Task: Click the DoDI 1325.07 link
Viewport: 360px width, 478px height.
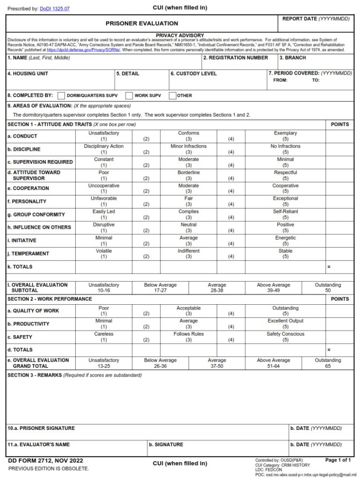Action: pyautogui.click(x=55, y=8)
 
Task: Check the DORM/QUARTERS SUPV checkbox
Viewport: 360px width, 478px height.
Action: pyautogui.click(x=61, y=96)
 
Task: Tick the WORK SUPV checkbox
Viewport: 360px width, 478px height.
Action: pyautogui.click(x=129, y=96)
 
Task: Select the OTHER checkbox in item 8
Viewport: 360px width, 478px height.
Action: pyautogui.click(x=172, y=96)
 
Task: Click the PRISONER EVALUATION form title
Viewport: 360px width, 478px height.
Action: pyautogui.click(x=141, y=23)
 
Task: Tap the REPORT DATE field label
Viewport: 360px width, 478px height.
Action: pyautogui.click(x=316, y=19)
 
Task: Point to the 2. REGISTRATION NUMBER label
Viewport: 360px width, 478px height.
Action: pyautogui.click(x=235, y=58)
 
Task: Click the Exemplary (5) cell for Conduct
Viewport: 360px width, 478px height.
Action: pyautogui.click(x=285, y=136)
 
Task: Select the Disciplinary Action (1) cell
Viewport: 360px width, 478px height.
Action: pyautogui.click(x=104, y=149)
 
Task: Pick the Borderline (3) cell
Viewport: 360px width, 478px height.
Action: pyautogui.click(x=188, y=175)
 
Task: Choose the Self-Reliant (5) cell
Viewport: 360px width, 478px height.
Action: pyautogui.click(x=285, y=214)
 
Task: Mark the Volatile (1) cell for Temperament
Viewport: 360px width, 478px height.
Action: pyautogui.click(x=104, y=253)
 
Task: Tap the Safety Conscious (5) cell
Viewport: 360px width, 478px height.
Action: pyautogui.click(x=285, y=337)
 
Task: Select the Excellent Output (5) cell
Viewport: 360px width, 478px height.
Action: pyautogui.click(x=285, y=323)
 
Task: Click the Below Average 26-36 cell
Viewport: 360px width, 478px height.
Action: pyautogui.click(x=160, y=363)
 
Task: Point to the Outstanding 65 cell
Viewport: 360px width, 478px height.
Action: pyautogui.click(x=328, y=363)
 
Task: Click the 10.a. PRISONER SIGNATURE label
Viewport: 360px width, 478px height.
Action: pyautogui.click(x=41, y=428)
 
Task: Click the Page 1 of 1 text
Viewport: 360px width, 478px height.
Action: pyautogui.click(x=338, y=460)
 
